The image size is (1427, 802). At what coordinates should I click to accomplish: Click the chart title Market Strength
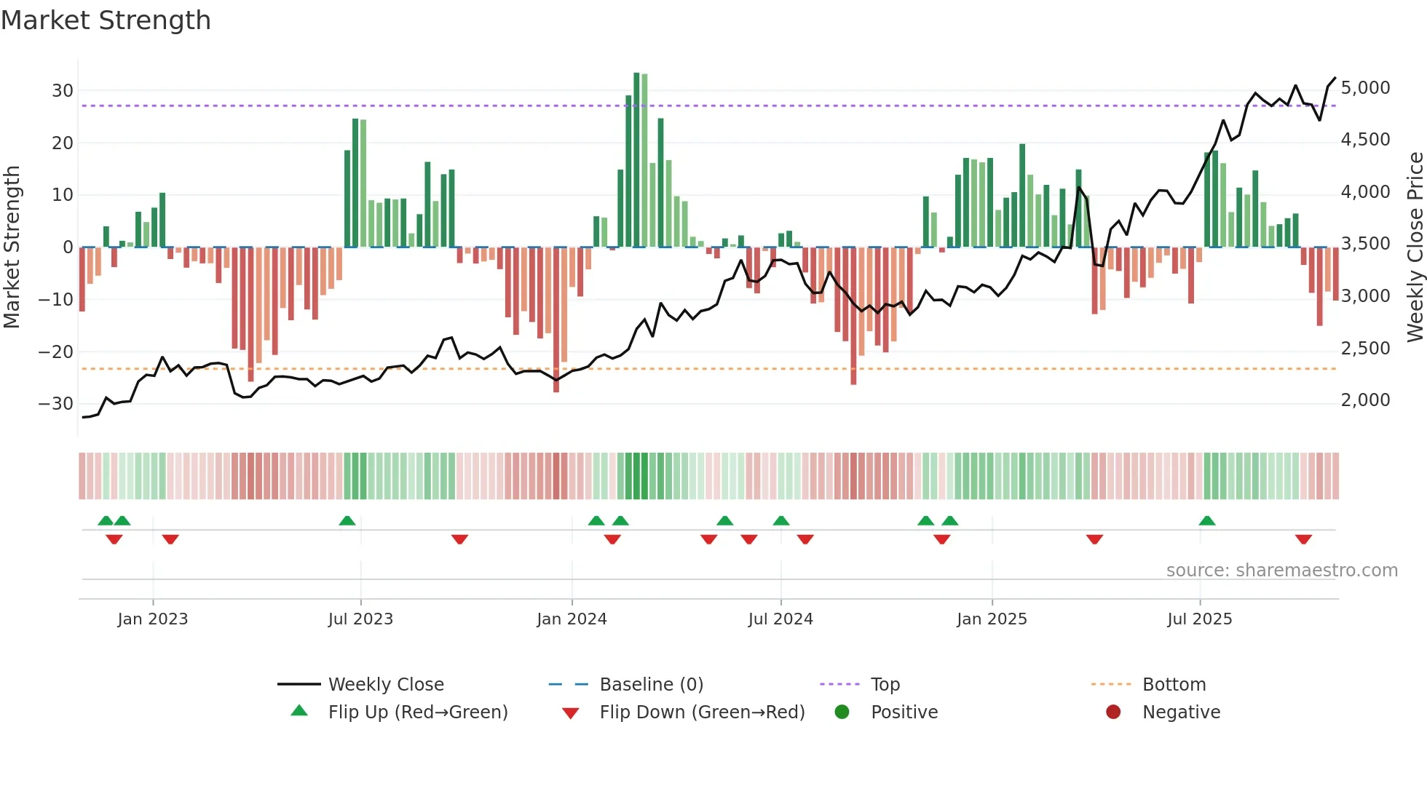coord(106,20)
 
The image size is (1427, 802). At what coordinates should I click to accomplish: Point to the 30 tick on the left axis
coord(63,91)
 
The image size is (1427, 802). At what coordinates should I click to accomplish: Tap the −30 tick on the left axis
coord(56,404)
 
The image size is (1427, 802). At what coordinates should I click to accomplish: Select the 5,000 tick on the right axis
coord(1365,88)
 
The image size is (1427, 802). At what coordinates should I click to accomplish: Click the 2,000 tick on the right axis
coord(1365,400)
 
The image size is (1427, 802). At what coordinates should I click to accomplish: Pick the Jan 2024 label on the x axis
coord(572,619)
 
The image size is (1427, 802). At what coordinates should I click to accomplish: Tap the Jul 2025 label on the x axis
coord(1199,619)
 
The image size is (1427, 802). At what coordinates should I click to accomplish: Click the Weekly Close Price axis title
coord(1415,247)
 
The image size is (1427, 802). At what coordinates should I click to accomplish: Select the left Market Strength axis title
coord(12,247)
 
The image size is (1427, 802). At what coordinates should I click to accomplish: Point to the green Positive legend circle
coord(842,712)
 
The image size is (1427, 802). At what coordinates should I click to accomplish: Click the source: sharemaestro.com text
coord(1281,571)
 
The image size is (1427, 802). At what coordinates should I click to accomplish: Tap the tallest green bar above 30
coord(636,160)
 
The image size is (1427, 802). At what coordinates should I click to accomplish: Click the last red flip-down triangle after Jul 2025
coord(1303,539)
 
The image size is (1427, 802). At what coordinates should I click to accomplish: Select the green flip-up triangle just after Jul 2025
coord(1207,520)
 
